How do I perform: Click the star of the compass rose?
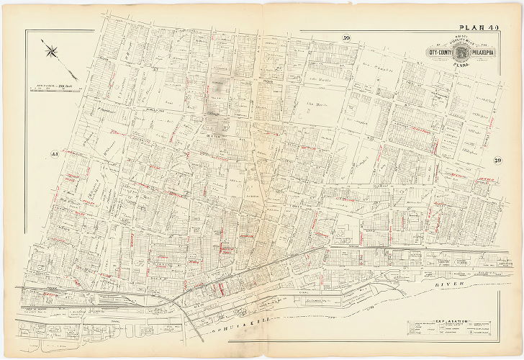click(x=52, y=50)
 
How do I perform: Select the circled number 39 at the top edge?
click(x=346, y=38)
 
